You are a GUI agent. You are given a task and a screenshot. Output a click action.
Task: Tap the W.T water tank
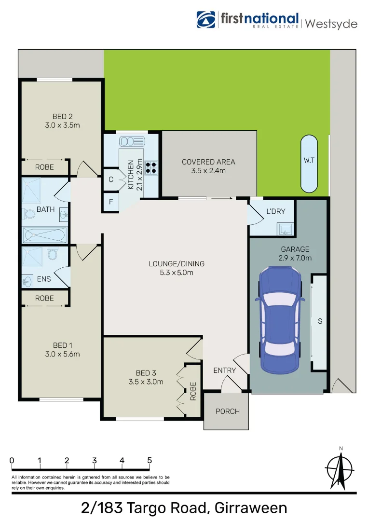tap(309, 163)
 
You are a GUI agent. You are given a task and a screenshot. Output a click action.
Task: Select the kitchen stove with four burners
tap(151, 166)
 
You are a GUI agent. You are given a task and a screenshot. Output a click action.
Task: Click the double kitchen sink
tap(132, 141)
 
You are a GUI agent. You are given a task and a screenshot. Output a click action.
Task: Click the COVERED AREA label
tap(208, 166)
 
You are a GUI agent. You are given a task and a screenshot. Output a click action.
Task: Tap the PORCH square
tap(227, 411)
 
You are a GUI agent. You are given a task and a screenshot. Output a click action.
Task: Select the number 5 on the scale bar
tap(150, 460)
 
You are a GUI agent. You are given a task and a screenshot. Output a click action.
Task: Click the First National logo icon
tap(206, 19)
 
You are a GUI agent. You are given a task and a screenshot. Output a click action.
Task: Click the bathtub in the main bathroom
tap(45, 235)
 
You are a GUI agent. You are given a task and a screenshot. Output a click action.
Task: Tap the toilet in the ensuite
tap(53, 254)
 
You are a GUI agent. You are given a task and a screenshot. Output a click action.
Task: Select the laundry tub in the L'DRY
tap(286, 229)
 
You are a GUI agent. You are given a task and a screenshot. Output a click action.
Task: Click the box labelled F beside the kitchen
tap(110, 202)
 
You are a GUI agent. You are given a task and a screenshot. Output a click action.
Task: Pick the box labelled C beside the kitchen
tap(110, 179)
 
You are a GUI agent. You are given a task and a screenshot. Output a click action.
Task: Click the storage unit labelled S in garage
tap(319, 322)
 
